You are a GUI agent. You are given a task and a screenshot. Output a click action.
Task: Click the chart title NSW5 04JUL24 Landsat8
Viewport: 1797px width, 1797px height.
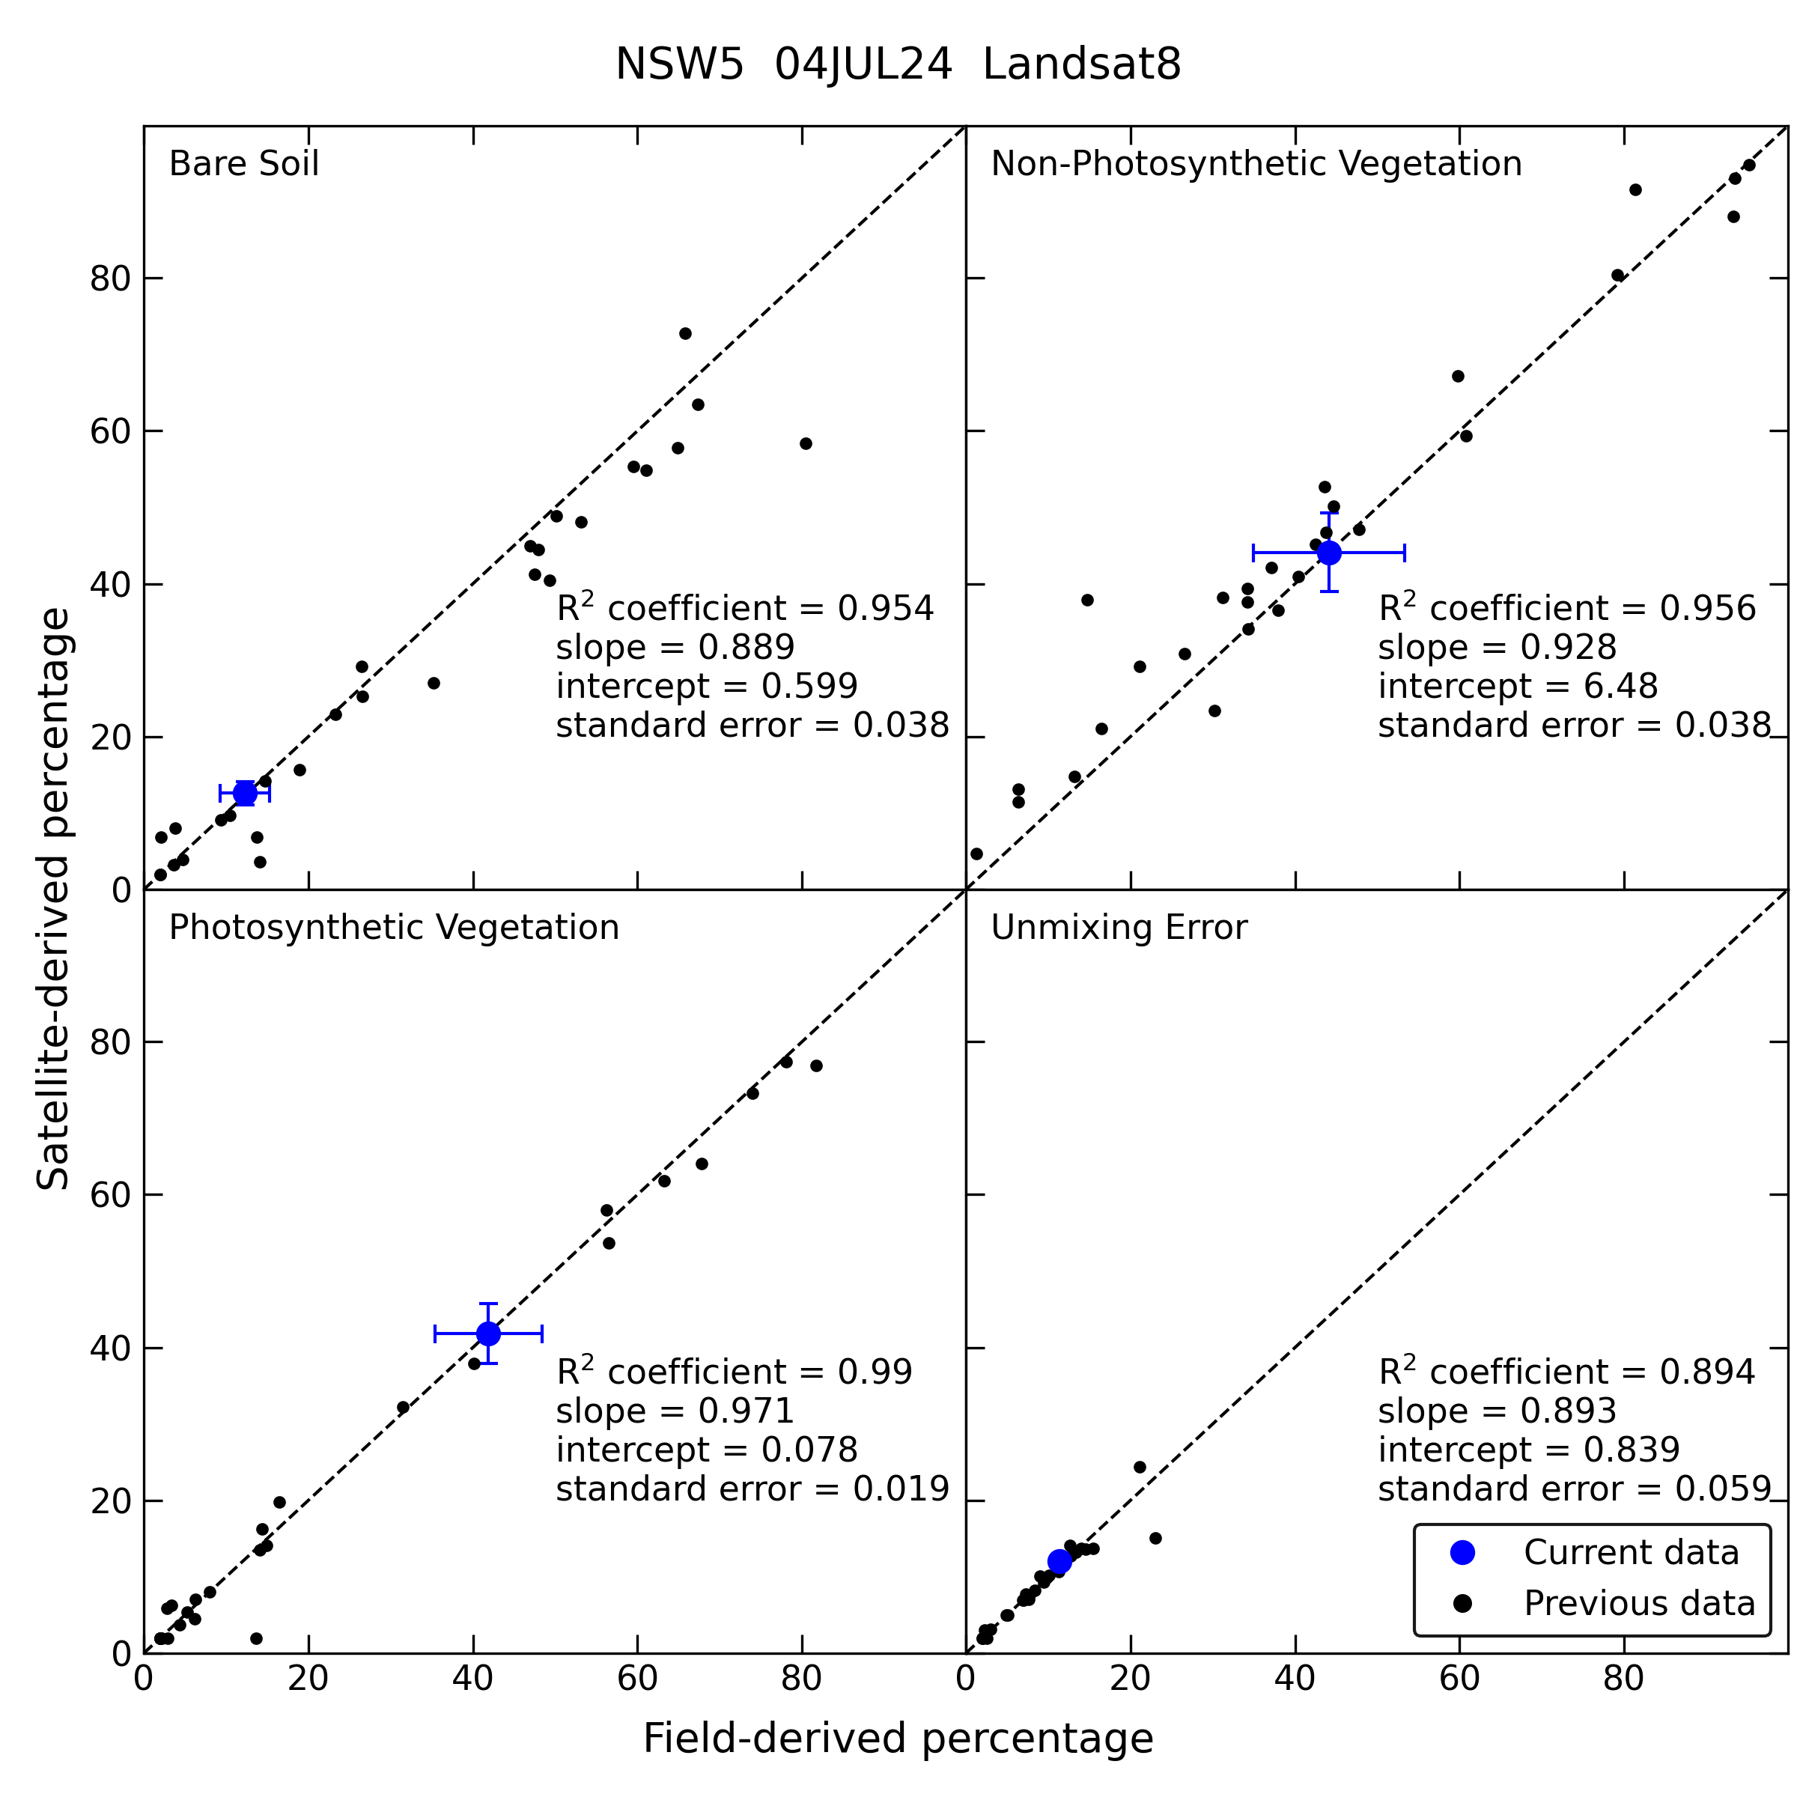pos(898,65)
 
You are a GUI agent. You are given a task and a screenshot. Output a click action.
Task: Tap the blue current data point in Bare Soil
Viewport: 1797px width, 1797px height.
pos(245,794)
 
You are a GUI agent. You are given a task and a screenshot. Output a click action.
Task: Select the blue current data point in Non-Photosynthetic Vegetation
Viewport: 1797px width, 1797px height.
pos(1329,553)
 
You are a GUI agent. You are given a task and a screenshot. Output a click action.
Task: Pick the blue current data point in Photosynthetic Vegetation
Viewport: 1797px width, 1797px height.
pos(488,1334)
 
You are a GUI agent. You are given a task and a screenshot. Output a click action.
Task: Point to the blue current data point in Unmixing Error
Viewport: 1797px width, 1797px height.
pos(1059,1562)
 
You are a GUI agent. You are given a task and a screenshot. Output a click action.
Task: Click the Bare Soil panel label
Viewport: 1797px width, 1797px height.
pos(243,164)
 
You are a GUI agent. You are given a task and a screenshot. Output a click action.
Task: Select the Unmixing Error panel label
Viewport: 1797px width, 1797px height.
pos(1119,928)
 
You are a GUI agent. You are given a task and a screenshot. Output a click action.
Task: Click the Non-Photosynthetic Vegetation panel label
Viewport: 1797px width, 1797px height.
pos(1256,164)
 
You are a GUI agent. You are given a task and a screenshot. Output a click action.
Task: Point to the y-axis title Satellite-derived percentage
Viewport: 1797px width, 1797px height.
pos(53,898)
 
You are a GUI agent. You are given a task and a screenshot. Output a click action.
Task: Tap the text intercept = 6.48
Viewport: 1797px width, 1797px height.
pos(1518,687)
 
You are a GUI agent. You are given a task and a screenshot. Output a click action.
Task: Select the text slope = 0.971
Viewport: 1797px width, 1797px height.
pos(675,1411)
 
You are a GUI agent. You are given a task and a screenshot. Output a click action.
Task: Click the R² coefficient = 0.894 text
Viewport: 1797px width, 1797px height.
pos(1567,1371)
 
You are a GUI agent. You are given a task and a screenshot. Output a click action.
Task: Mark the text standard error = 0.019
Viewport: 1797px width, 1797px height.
pos(752,1489)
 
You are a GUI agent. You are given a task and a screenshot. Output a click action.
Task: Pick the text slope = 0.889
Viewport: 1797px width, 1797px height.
pos(675,648)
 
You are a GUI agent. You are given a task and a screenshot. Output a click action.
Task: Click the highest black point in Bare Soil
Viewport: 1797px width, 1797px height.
pos(686,334)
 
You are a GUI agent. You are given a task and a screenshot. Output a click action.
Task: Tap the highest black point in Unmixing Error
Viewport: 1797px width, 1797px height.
pos(1140,1468)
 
